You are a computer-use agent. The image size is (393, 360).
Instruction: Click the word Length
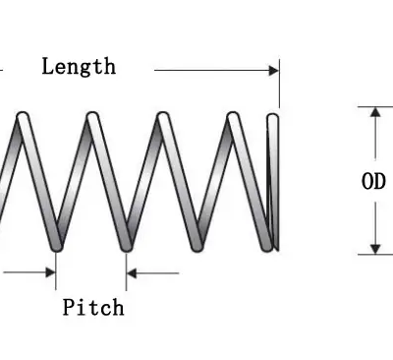(x=79, y=67)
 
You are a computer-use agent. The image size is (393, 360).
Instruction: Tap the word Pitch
(x=93, y=307)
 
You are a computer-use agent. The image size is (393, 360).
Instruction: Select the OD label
(x=373, y=181)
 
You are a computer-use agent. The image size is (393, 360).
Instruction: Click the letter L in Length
(x=47, y=67)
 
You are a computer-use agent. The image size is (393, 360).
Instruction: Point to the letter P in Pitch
(x=69, y=307)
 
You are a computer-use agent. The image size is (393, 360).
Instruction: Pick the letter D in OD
(x=380, y=181)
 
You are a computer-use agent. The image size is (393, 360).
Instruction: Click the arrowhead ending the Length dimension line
(x=273, y=70)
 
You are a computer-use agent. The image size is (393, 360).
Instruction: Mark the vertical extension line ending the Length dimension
(x=279, y=84)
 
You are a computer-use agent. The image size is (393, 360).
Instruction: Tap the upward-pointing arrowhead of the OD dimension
(x=374, y=112)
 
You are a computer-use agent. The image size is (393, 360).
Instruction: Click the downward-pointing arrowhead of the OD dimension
(x=374, y=247)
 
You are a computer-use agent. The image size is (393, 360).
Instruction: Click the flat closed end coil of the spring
(x=274, y=181)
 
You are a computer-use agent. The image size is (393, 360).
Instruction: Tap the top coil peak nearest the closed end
(x=233, y=119)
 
